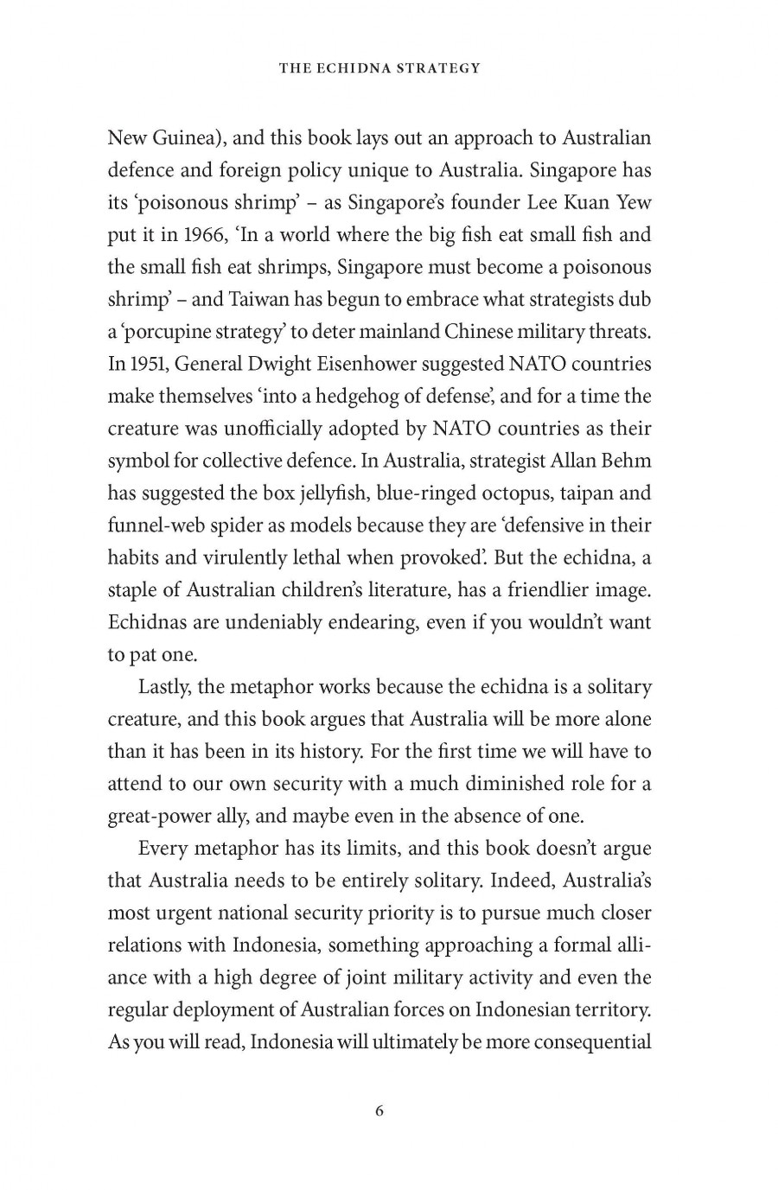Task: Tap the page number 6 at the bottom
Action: tap(379, 1111)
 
